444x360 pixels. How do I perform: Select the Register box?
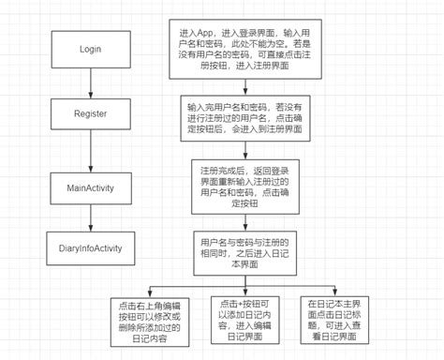pos(90,113)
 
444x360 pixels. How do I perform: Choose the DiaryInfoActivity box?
pos(90,247)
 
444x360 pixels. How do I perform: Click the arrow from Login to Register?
pos(90,82)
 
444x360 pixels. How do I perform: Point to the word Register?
pos(90,113)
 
